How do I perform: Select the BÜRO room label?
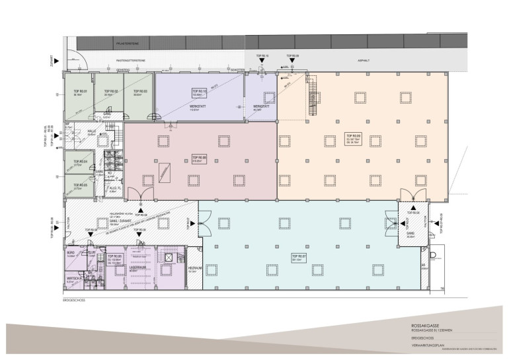[71, 253]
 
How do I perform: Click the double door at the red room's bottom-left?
[133, 196]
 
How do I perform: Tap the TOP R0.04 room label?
[80, 161]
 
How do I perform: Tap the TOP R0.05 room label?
[80, 185]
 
